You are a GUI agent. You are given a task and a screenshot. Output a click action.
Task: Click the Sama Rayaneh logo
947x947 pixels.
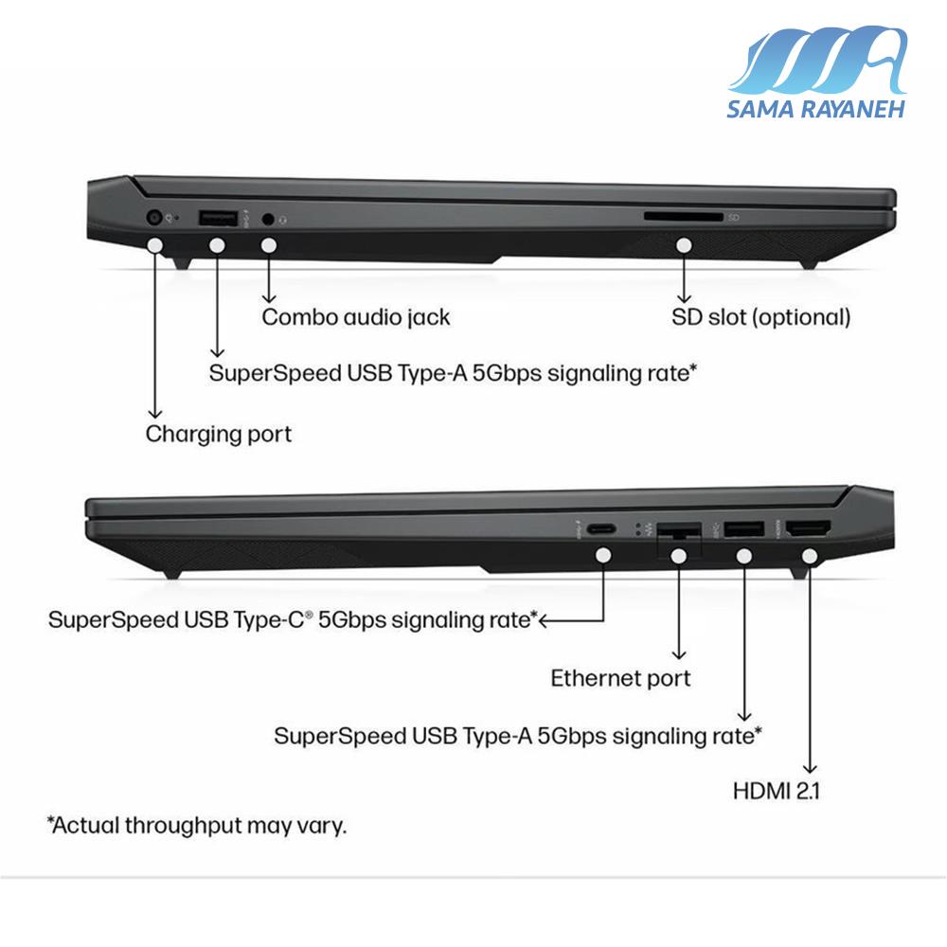(816, 72)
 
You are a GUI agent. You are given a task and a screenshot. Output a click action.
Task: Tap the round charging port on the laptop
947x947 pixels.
(154, 217)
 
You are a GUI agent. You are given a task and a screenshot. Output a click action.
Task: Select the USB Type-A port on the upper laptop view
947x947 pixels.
(218, 218)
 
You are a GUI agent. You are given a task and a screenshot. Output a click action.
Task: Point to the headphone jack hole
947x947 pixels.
(268, 219)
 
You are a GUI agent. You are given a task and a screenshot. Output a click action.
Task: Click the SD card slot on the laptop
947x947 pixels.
(683, 216)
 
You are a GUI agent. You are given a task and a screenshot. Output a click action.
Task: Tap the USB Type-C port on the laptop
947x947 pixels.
(601, 529)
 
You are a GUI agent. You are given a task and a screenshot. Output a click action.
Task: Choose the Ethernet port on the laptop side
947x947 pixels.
(679, 531)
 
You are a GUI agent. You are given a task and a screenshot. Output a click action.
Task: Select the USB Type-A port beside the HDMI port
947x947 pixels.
(744, 529)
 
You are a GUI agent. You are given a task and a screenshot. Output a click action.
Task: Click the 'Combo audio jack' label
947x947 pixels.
(356, 317)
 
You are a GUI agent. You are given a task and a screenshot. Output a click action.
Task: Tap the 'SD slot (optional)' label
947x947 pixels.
(761, 317)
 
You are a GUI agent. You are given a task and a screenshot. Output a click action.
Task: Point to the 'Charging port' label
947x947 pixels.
(218, 434)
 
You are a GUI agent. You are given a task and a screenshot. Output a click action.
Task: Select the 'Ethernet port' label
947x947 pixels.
(620, 678)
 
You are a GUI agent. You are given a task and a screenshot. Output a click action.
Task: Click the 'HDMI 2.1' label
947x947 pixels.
(777, 791)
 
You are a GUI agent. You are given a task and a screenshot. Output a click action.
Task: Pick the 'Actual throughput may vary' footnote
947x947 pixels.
(197, 825)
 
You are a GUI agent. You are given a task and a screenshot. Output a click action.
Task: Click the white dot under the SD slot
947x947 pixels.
(684, 245)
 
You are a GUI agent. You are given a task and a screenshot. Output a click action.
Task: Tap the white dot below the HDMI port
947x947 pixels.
(810, 556)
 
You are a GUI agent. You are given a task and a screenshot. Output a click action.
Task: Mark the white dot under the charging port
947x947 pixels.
(155, 245)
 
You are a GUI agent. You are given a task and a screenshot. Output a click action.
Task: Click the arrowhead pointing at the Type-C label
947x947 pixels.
(543, 620)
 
